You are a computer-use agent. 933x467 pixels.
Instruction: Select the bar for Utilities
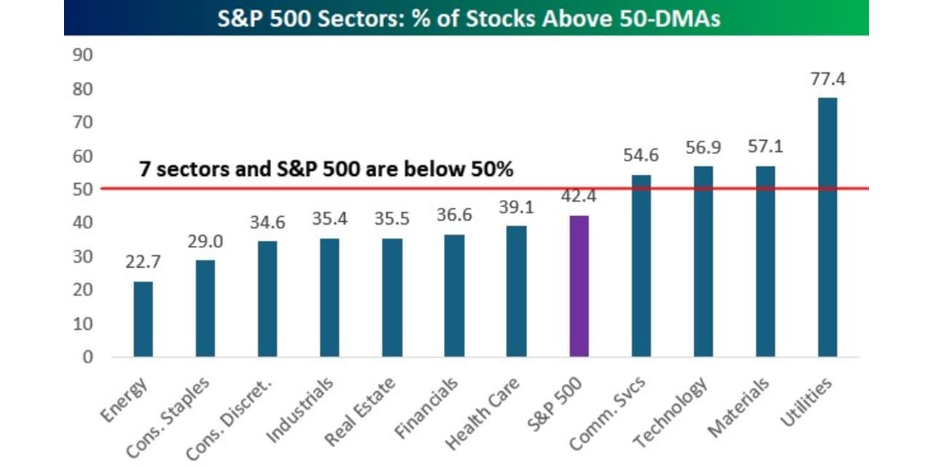pos(827,227)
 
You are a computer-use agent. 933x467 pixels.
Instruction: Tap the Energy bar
pos(143,319)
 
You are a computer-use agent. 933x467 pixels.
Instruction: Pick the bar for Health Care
pos(516,291)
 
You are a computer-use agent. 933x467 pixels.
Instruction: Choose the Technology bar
pos(703,261)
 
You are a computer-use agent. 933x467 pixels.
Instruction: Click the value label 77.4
pos(827,80)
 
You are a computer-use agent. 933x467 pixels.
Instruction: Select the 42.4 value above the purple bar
pos(578,197)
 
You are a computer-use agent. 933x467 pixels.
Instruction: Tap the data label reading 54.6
pos(641,156)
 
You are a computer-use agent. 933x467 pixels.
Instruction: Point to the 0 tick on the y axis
pos(87,357)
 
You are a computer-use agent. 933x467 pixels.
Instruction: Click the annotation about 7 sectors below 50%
pos(326,169)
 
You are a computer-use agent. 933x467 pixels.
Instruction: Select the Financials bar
pos(454,296)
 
